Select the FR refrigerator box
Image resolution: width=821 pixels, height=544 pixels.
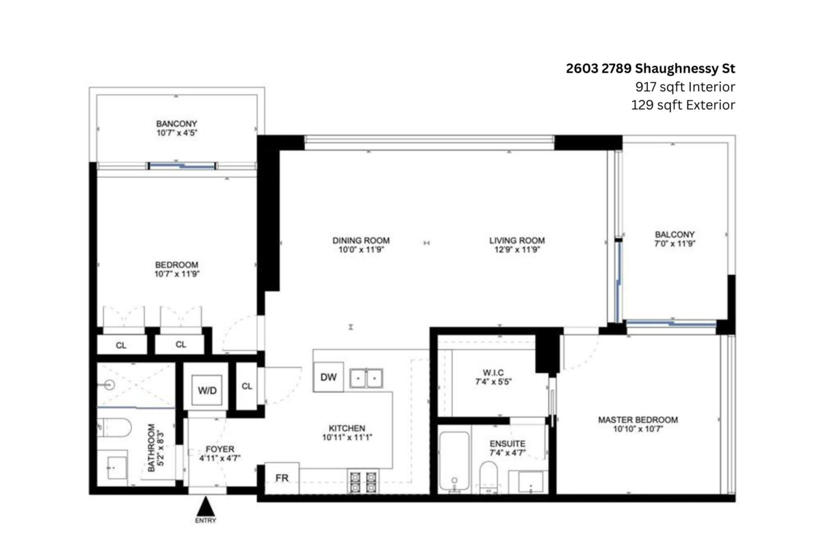click(281, 477)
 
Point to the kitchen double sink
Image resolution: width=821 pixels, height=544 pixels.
click(366, 378)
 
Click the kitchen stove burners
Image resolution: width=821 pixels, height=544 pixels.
click(364, 482)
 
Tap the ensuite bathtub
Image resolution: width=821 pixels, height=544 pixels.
click(454, 462)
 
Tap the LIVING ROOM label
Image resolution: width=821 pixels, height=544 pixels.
click(517, 240)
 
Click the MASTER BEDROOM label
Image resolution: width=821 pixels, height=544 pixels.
click(638, 419)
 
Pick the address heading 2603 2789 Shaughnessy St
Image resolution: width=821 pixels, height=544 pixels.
click(650, 68)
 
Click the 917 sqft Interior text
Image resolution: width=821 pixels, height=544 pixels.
click(685, 87)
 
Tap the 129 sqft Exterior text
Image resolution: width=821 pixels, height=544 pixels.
click(683, 105)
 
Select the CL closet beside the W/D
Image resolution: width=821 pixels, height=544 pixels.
click(247, 386)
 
